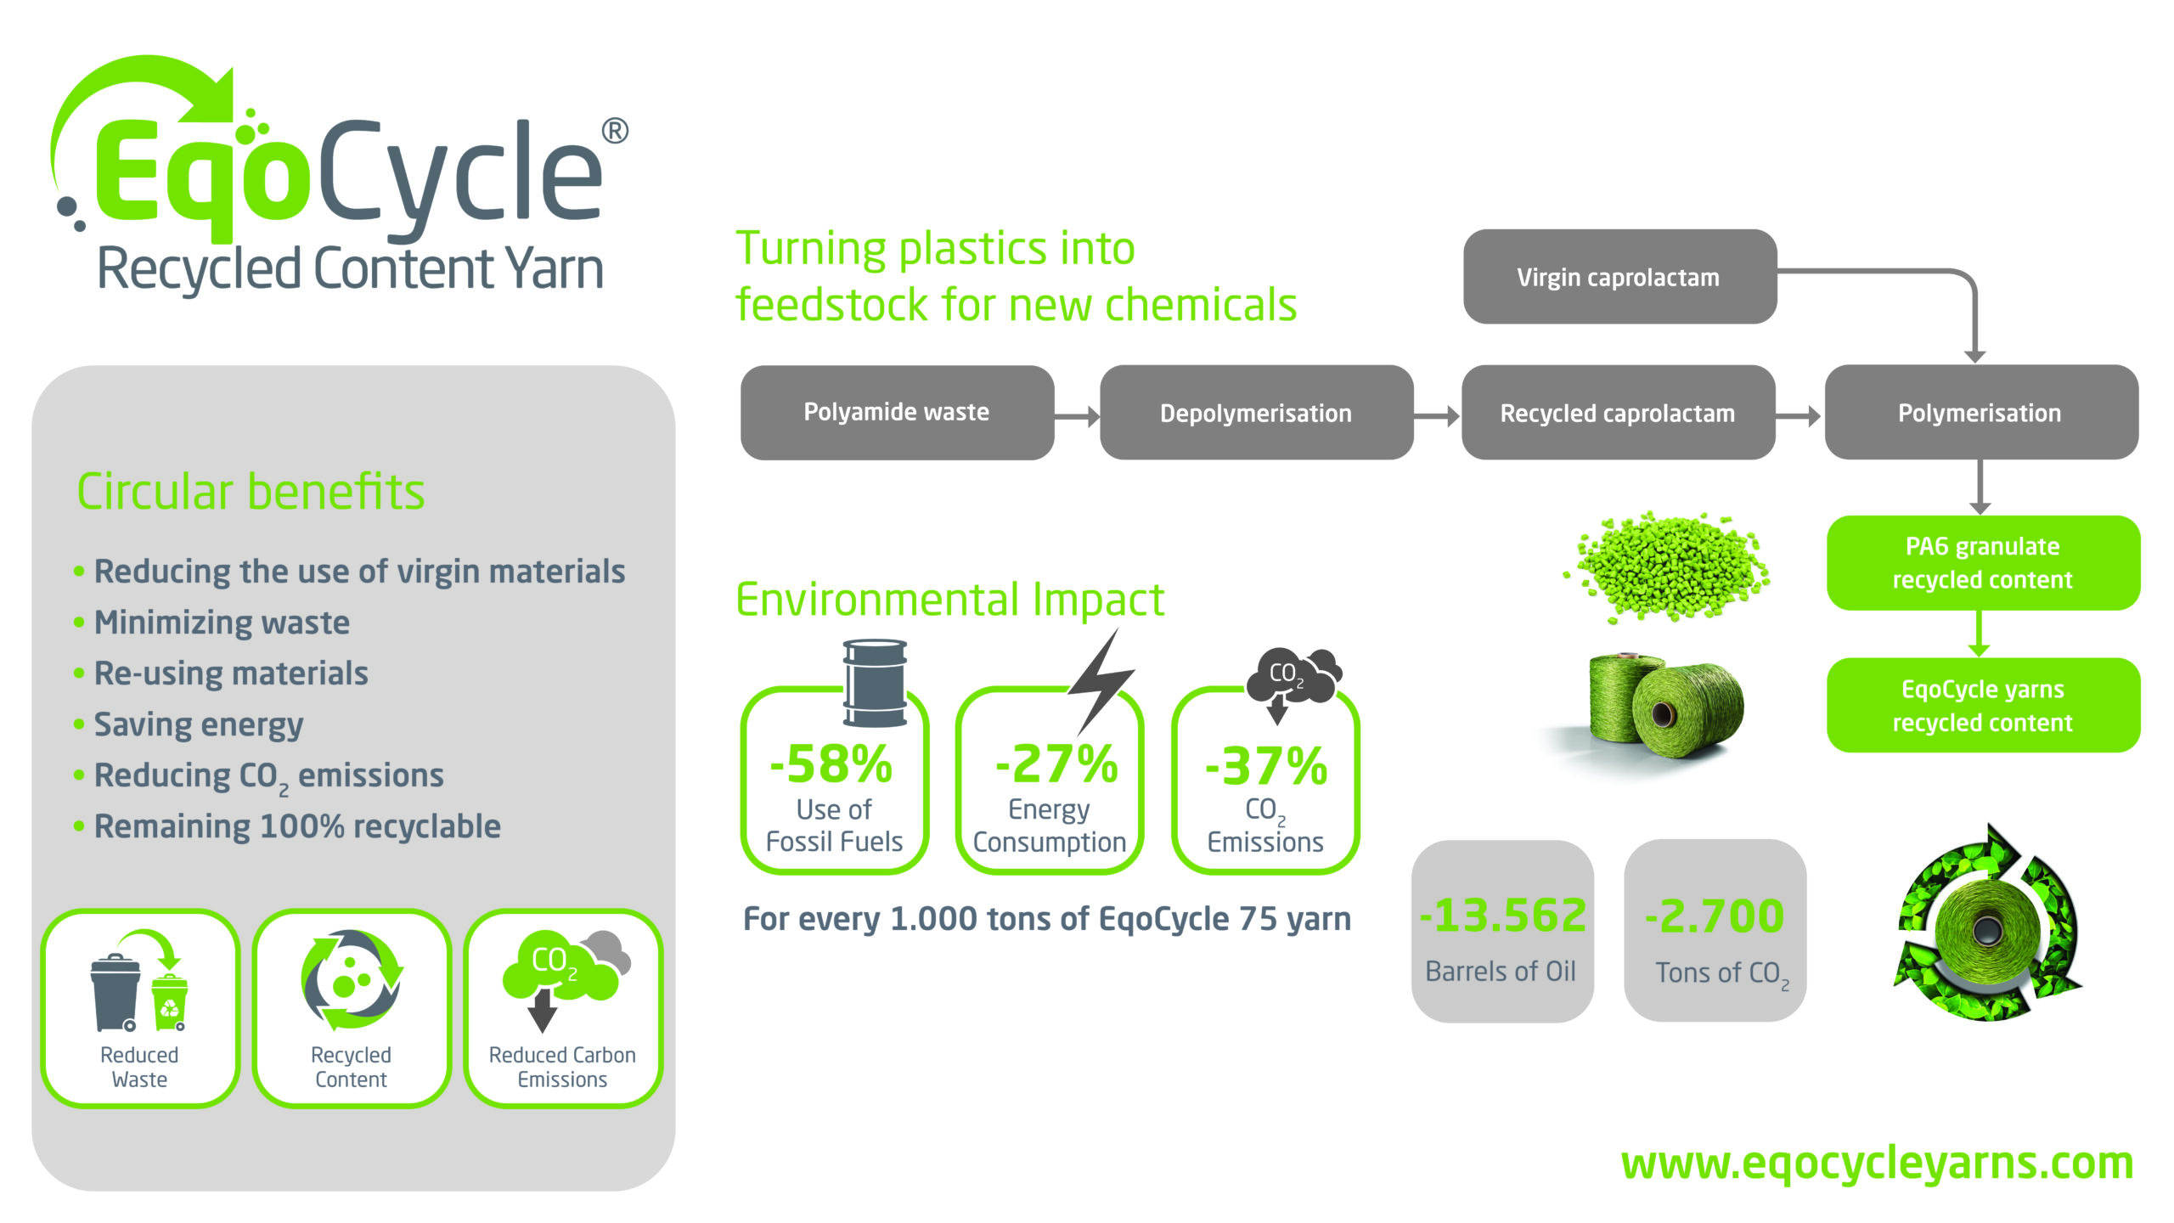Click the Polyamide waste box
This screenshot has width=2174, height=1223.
click(x=897, y=413)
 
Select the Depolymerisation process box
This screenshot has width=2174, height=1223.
click(x=1256, y=413)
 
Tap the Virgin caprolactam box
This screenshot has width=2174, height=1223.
click(x=1619, y=277)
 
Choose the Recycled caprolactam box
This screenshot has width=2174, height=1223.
click(x=1618, y=413)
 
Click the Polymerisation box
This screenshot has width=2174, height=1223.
click(x=1981, y=413)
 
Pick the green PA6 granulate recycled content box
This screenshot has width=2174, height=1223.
click(x=1983, y=563)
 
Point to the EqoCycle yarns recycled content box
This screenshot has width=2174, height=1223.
click(x=1983, y=705)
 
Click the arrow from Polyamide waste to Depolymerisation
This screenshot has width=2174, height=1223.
click(x=1077, y=416)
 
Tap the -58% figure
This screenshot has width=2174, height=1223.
click(x=831, y=764)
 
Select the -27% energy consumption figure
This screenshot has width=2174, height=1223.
click(x=1056, y=764)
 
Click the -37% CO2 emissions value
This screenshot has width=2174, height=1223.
click(x=1266, y=766)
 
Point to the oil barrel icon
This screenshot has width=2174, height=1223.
click(x=875, y=684)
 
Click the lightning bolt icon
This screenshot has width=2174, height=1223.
click(x=1101, y=681)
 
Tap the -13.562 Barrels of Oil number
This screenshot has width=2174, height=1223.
click(x=1502, y=916)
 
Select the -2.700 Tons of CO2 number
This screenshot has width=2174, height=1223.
click(x=1714, y=916)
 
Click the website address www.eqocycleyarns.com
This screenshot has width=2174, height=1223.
click(x=1878, y=1164)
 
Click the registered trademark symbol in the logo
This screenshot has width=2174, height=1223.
click(x=615, y=131)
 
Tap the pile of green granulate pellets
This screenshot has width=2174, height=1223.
click(x=1666, y=566)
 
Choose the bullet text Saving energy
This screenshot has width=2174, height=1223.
click(x=198, y=724)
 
